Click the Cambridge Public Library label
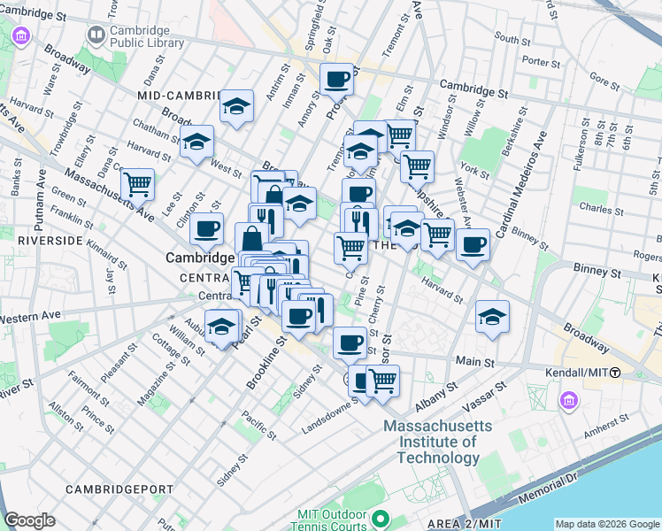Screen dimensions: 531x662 [x=146, y=36]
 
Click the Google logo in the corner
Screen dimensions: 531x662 [x=30, y=520]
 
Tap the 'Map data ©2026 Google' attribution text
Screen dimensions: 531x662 [x=606, y=524]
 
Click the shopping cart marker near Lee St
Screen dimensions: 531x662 [x=137, y=185]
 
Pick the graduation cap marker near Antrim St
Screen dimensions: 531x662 [x=236, y=106]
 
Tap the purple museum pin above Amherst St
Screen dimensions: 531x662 [x=567, y=403]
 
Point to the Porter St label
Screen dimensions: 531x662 [x=536, y=62]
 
